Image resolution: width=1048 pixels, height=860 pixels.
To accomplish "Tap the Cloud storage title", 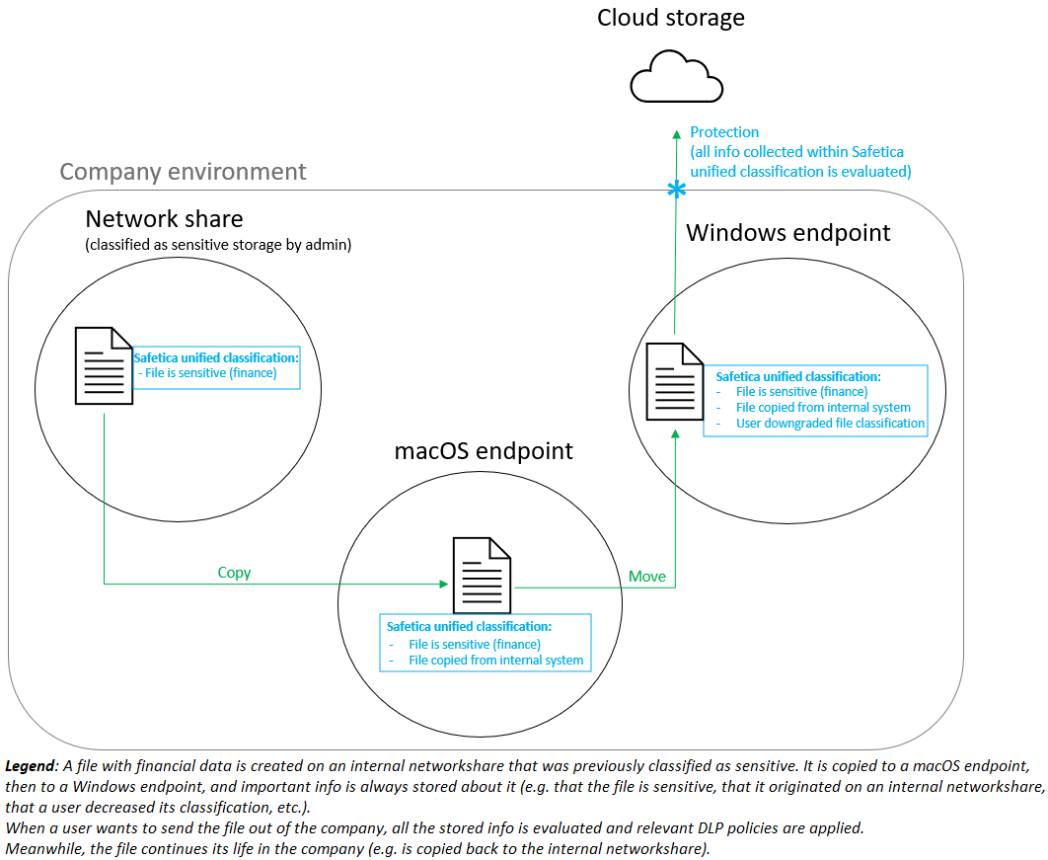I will click(670, 18).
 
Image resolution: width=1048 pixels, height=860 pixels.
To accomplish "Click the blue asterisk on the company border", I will click(677, 190).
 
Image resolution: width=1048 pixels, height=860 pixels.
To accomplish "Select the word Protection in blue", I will click(724, 132).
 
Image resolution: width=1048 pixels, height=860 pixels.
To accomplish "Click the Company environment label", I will click(183, 172).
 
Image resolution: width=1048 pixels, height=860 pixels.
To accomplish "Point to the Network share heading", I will click(164, 219).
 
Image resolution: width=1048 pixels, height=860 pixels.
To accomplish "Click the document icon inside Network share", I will click(104, 366).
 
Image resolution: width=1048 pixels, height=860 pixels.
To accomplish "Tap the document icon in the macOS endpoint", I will click(483, 576).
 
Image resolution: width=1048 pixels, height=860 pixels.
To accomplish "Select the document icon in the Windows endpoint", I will click(675, 381).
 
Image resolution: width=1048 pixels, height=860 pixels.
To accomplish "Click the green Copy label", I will click(234, 573).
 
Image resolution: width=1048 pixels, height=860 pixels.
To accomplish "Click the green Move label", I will click(646, 577).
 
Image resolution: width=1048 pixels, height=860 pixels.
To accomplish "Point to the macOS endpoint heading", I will click(484, 451).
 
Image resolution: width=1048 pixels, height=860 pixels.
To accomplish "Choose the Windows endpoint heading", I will click(788, 233).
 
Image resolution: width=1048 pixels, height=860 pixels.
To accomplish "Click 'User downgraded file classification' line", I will click(830, 424).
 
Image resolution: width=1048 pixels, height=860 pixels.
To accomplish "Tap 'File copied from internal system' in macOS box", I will click(495, 661).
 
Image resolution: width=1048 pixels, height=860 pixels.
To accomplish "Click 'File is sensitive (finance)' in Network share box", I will click(209, 373).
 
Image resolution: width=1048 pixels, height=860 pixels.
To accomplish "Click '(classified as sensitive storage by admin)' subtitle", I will click(218, 244).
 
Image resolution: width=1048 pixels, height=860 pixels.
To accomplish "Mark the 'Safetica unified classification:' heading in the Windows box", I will click(797, 376).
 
